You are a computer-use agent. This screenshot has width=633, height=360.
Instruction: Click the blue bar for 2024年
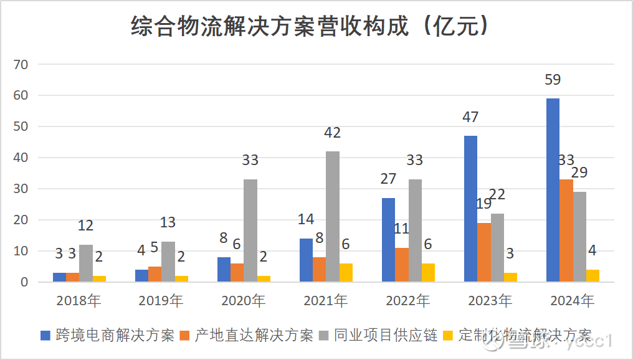click(553, 190)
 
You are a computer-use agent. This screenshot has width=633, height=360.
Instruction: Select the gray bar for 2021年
click(332, 216)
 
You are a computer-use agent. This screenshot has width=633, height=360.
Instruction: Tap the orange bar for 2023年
click(484, 252)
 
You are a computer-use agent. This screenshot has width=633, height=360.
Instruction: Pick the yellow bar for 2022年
click(429, 272)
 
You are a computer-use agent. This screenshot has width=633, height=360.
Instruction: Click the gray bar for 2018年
click(86, 263)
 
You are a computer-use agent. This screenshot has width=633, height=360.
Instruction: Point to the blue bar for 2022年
click(388, 240)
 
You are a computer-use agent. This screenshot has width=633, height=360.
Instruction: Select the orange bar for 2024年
click(566, 230)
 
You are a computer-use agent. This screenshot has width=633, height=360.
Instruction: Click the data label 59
click(553, 80)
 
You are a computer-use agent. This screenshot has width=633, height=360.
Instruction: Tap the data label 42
click(332, 133)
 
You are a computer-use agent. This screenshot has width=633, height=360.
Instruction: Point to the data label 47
click(471, 117)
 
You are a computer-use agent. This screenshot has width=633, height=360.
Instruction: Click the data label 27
click(388, 179)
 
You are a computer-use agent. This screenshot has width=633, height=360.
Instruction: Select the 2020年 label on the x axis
click(244, 301)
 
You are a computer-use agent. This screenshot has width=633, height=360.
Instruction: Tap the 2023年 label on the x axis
click(490, 301)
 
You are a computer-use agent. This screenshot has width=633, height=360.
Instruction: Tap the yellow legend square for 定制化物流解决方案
click(448, 336)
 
